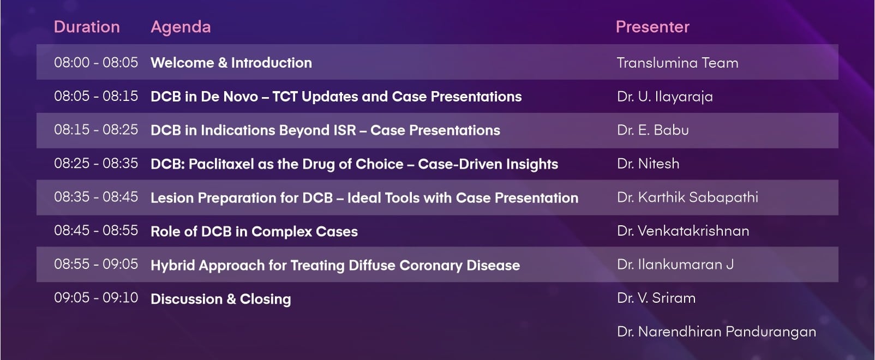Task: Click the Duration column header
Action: [x=87, y=27]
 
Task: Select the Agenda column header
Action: [x=181, y=27]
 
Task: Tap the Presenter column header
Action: [x=653, y=27]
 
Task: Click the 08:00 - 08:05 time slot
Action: [x=96, y=63]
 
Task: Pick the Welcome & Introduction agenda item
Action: [x=231, y=63]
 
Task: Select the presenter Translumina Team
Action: [x=678, y=63]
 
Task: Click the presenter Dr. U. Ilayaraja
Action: [x=665, y=97]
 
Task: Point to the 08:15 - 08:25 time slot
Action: [x=96, y=130]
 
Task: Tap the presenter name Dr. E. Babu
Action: [x=653, y=130]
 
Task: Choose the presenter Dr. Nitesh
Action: [x=648, y=164]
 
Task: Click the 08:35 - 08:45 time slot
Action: [x=96, y=197]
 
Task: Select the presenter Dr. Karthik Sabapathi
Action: [x=687, y=197]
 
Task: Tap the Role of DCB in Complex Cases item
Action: [x=254, y=231]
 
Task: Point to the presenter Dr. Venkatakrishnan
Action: [x=683, y=231]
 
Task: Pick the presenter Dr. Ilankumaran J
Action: [x=675, y=265]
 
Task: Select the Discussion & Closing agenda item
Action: [x=221, y=299]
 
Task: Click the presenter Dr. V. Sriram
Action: [x=656, y=298]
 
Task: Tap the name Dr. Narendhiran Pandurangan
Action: [x=717, y=332]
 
